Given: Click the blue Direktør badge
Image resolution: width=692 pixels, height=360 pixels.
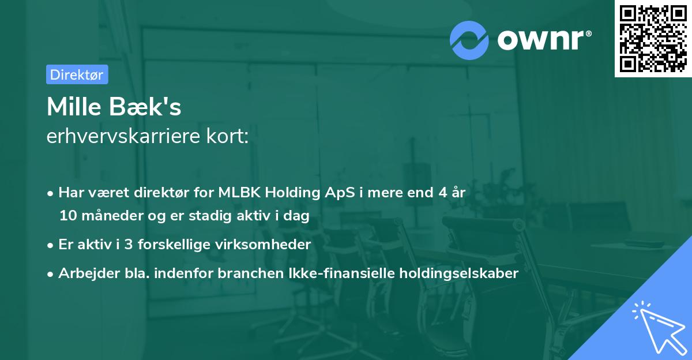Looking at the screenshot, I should point(77,74).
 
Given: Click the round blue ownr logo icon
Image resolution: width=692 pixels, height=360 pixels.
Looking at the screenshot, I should point(469,40).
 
